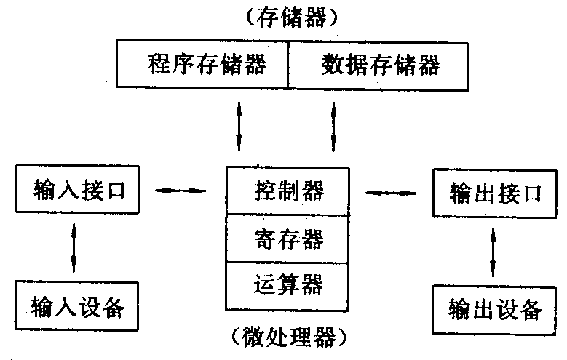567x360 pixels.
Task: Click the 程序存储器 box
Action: point(203,65)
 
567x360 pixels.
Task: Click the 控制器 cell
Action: point(289,192)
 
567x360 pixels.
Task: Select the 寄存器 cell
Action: point(289,238)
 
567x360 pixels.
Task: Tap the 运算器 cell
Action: point(289,283)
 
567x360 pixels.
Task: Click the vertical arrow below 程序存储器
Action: point(239,124)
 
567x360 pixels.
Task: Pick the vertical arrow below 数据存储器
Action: point(334,124)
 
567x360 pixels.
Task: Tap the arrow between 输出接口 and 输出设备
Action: point(494,251)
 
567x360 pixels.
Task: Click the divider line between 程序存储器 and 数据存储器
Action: point(289,65)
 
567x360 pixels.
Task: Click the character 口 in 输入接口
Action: point(116,191)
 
